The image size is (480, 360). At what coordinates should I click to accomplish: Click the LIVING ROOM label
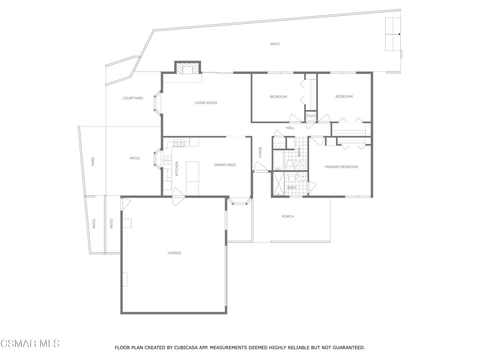tap(206, 103)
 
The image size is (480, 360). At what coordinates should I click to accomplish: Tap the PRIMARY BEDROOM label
tap(341, 167)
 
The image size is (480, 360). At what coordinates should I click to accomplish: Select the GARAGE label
tap(174, 253)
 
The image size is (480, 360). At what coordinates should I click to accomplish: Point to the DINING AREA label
tap(225, 165)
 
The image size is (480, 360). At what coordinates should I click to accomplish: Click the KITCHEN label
tap(177, 168)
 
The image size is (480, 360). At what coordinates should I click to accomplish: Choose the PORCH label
tap(288, 217)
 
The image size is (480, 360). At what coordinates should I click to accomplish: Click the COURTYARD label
tap(133, 98)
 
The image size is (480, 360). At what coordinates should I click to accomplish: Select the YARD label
tap(93, 161)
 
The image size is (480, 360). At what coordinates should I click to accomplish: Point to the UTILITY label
tap(311, 116)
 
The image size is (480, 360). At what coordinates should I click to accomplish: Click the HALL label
tap(290, 127)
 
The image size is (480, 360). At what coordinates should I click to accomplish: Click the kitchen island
tap(192, 172)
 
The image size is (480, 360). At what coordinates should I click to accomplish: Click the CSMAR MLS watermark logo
tap(30, 344)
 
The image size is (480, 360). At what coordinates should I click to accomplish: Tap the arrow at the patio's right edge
tap(399, 34)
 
